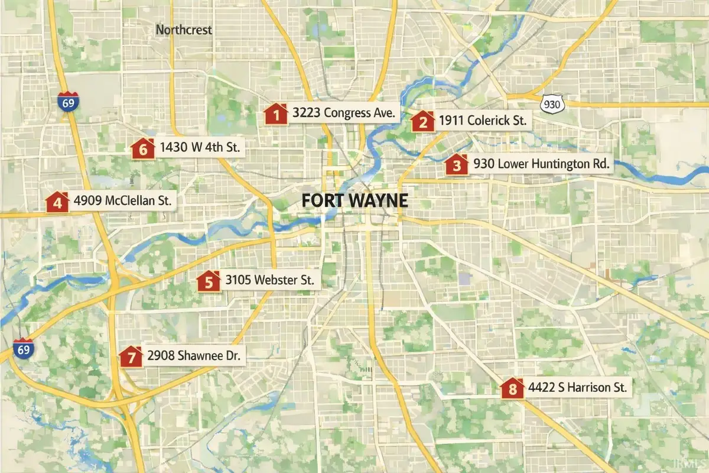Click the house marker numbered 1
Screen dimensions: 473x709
click(275, 114)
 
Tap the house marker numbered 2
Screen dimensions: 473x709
click(422, 121)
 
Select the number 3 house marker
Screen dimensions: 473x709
click(456, 165)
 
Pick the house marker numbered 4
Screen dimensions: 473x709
click(57, 202)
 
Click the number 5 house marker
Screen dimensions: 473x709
click(208, 281)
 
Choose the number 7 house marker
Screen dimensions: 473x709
click(131, 357)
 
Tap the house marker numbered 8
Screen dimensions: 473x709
click(512, 389)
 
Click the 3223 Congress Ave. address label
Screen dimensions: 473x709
click(343, 113)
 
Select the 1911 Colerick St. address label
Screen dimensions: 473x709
click(482, 121)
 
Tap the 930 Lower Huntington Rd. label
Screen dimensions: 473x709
click(541, 165)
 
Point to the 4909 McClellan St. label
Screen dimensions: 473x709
click(122, 201)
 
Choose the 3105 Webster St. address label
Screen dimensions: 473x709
click(269, 281)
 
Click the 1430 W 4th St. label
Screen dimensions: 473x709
click(200, 148)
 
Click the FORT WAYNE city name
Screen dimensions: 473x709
click(354, 200)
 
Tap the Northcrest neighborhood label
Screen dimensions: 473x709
click(184, 30)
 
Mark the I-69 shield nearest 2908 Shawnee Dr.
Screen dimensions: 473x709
click(24, 348)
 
